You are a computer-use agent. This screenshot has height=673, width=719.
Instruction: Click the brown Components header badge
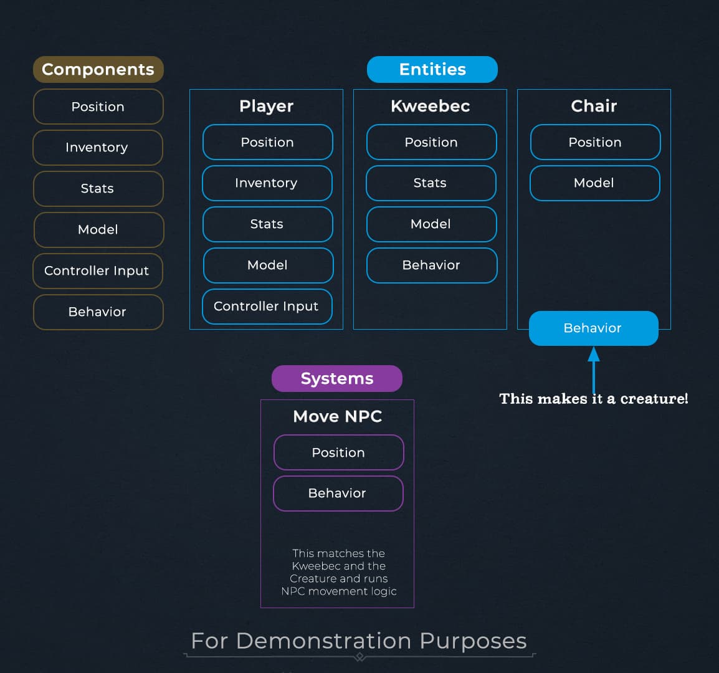98,69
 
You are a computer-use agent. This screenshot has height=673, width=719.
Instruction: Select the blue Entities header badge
432,69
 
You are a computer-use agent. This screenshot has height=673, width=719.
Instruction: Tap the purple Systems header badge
337,378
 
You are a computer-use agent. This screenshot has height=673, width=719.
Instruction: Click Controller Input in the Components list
97,270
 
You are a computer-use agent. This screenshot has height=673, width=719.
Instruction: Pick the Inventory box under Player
267,183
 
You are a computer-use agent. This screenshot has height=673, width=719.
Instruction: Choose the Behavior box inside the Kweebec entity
431,265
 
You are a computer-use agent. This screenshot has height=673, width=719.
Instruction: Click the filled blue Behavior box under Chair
593,328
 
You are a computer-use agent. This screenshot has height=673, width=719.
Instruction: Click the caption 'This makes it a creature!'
593,399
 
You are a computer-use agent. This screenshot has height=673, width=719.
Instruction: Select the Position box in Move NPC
338,452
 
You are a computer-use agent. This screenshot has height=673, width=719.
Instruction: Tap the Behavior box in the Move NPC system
338,493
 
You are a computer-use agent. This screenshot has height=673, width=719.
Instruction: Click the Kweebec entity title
431,106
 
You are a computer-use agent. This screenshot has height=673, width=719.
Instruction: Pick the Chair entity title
594,106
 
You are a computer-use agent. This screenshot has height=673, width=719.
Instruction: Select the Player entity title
267,106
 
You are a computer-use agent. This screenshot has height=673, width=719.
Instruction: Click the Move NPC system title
338,416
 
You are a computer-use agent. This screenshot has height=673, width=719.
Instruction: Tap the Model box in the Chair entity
594,183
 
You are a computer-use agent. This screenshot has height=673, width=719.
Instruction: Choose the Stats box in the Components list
98,188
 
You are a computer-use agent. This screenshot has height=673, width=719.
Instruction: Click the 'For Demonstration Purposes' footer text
359,641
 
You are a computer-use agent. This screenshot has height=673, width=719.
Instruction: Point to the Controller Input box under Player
267,306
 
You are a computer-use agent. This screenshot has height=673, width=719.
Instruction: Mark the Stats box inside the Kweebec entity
431,183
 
